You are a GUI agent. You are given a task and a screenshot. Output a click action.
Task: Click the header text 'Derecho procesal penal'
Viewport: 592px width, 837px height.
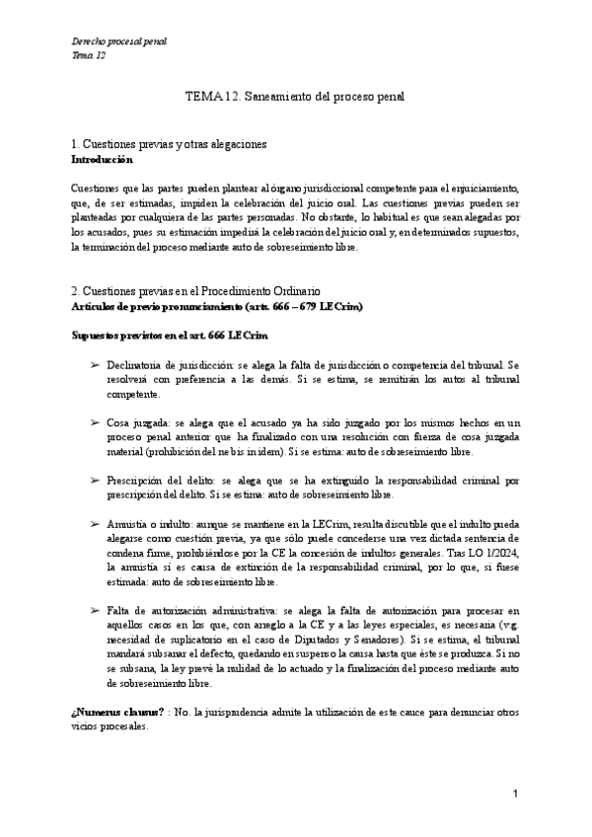(x=120, y=41)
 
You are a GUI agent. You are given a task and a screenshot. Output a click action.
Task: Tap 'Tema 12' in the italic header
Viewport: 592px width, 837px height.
(x=89, y=55)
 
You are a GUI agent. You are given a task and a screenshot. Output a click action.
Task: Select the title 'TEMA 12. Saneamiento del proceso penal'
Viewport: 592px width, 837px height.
(x=295, y=97)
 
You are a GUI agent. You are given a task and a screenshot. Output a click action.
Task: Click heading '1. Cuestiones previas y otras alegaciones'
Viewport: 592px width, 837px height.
(x=171, y=145)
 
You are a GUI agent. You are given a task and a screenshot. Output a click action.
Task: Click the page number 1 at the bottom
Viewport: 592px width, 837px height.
(x=515, y=794)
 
